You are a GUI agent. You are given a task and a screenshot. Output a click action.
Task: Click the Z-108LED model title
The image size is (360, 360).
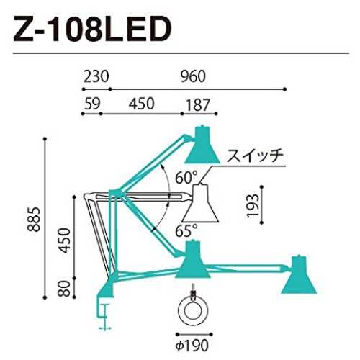[93, 29]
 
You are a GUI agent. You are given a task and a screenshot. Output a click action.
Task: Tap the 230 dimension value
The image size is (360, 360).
[96, 76]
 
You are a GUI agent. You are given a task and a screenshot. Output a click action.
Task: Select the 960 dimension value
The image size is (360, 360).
[193, 76]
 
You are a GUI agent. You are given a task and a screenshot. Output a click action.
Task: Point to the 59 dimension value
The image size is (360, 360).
[92, 104]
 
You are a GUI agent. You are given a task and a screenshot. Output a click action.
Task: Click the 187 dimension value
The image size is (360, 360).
[198, 105]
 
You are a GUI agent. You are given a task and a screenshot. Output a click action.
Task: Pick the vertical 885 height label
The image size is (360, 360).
[33, 219]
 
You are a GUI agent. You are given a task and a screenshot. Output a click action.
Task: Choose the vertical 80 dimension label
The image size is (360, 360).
[64, 289]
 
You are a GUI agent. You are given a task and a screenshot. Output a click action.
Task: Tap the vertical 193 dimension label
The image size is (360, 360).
[253, 205]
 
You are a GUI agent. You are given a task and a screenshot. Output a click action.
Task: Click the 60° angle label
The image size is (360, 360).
[186, 177]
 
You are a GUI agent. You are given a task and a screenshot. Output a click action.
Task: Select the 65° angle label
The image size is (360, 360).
[186, 230]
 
